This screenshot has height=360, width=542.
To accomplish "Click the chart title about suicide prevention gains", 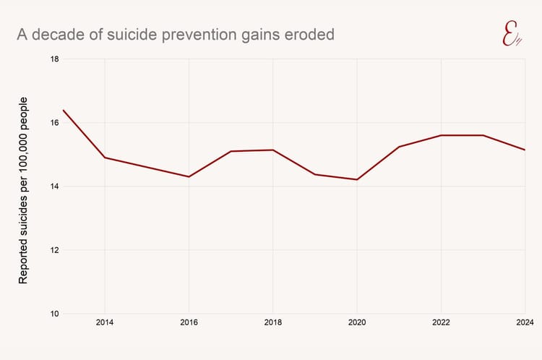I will click(x=176, y=34).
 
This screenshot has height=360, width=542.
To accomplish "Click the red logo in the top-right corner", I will click(x=512, y=33).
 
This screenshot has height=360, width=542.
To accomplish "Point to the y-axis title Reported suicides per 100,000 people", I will click(x=23, y=189).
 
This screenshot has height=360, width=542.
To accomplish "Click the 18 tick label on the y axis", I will click(x=54, y=59).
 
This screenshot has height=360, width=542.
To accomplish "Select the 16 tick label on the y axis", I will click(x=54, y=123).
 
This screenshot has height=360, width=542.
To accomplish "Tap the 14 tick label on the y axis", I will click(x=54, y=187).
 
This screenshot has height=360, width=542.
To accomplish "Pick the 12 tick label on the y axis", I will click(x=54, y=250).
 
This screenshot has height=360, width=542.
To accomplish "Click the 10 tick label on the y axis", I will click(x=54, y=314).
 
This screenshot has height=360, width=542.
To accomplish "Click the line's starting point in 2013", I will click(x=64, y=110).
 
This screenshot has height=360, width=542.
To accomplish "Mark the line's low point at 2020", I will click(x=357, y=179).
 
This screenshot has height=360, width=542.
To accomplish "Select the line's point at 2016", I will click(x=189, y=176).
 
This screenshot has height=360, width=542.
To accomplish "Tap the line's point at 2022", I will click(x=441, y=135).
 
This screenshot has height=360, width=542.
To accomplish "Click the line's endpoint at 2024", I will click(x=525, y=150).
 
